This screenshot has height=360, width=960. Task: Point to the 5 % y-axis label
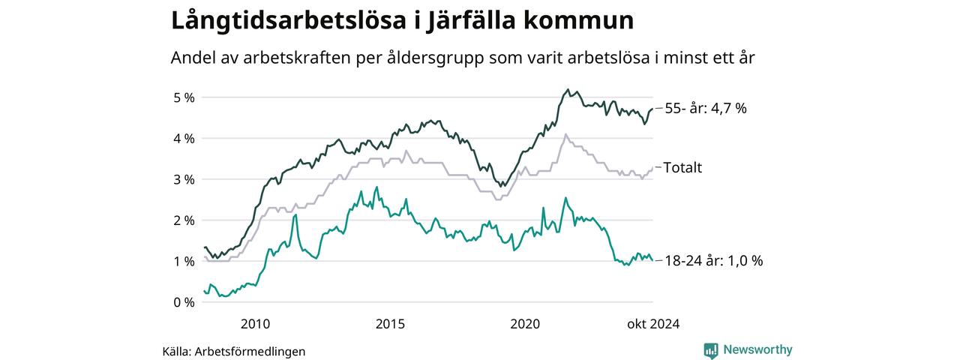184,97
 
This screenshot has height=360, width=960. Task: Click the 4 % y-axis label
184,139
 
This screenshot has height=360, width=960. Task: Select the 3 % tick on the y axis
184,179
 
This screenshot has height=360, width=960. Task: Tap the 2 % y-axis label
184,220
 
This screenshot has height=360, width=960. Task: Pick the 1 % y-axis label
184,261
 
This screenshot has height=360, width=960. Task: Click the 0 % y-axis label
184,302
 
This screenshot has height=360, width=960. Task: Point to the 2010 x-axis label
255,325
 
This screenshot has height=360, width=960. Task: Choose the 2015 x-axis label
390,325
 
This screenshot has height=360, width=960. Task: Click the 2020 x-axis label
525,325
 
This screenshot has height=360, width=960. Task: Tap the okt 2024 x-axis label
653,325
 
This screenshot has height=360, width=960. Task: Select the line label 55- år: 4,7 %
706,108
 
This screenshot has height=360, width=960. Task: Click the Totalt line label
682,167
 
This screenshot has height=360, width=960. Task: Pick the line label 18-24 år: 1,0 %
713,261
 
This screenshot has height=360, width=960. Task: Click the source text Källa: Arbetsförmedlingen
234,351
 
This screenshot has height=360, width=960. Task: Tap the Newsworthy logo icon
711,350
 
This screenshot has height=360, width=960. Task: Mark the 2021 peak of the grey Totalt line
565,135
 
